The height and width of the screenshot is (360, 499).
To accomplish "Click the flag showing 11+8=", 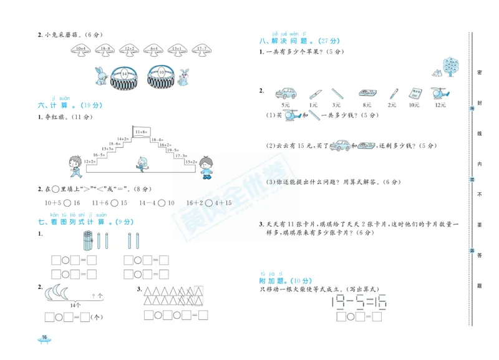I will (x=142, y=132).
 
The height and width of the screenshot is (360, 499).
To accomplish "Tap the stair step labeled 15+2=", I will (x=190, y=162).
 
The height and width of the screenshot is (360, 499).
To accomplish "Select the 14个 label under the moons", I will (x=75, y=305).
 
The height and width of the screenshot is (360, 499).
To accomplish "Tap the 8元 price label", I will (x=366, y=105).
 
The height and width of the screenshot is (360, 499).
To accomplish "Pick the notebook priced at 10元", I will (x=414, y=94).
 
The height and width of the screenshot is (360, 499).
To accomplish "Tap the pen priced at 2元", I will (x=393, y=94).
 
